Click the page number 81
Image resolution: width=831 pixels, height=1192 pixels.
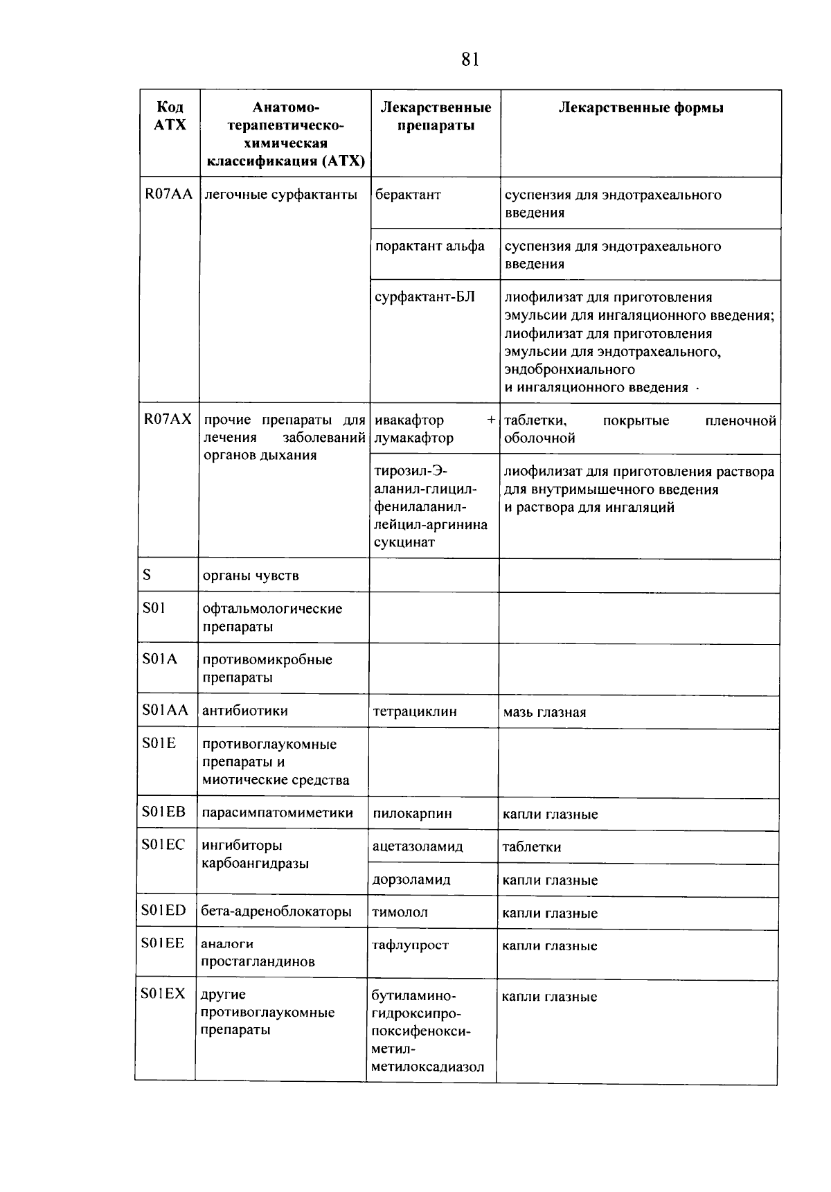pos(470,60)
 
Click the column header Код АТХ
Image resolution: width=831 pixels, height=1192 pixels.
pos(170,116)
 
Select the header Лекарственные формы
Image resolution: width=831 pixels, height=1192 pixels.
pos(641,108)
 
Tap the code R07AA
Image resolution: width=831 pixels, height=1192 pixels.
pos(168,195)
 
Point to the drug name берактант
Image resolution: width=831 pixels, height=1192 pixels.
pos(408,195)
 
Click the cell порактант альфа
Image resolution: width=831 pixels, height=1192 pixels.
pos(429,247)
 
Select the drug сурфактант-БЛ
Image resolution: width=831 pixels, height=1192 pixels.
pos(425,298)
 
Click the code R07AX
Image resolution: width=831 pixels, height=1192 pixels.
pos(168,420)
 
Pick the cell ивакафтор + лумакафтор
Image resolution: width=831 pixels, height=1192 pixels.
pos(434,429)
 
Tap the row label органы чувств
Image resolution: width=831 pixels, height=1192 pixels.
pos(251,576)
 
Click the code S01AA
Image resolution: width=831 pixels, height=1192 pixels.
pos(165,711)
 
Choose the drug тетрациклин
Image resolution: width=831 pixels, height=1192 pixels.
pos(415,712)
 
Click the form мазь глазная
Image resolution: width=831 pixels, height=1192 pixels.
pos(544,713)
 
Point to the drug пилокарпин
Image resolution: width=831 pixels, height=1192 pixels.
pos(412,814)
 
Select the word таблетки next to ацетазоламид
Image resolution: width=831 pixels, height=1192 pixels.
pos(531,847)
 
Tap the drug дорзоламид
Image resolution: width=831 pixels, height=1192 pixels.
pos(411,880)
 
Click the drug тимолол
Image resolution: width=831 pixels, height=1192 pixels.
pos(400,913)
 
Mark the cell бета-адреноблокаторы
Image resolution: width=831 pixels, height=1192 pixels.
pos(276,912)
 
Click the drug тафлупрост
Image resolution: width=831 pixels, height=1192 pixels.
pos(410,945)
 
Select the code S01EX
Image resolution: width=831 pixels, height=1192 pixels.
pos(163,995)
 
